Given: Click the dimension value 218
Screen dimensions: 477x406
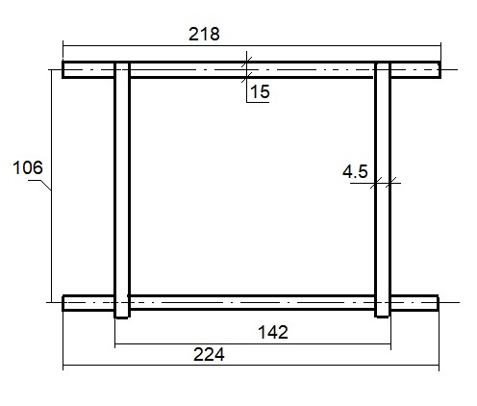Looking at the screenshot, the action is coord(204,35).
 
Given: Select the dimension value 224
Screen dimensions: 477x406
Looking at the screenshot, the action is coord(209,355).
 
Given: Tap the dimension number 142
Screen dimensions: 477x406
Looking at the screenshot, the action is coord(273,332).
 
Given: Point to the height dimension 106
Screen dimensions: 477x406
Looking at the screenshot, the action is coord(28,167).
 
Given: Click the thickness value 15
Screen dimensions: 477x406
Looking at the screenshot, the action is coord(260,91).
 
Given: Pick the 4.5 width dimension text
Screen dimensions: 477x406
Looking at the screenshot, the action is coord(355,171).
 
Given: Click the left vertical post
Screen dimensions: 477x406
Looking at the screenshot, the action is coord(122,190).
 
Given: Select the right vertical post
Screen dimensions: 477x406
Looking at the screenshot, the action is coord(383,190).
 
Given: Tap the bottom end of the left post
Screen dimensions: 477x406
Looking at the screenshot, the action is coord(122,317).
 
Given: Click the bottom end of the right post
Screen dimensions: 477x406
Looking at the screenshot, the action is coord(383,317).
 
